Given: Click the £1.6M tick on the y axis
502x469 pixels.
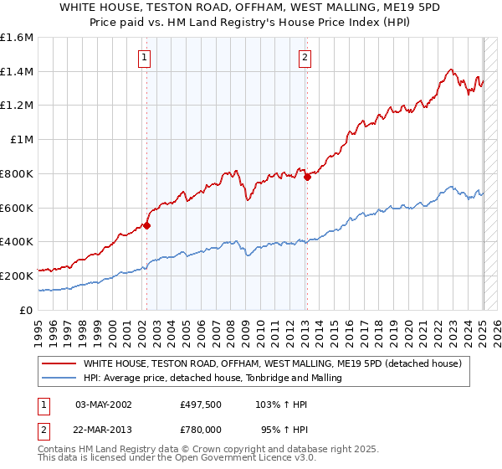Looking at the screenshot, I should pos(17,38).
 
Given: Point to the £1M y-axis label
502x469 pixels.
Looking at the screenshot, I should pos(21,140).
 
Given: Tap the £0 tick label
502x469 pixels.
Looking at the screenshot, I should pos(27,310).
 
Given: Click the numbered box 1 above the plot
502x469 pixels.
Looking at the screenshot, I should pos(146,58).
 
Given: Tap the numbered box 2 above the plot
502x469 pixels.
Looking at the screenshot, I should pos(304,58).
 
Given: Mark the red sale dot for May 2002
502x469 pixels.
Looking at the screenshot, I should pos(146,225).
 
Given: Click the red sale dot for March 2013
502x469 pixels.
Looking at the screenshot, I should pos(307,177).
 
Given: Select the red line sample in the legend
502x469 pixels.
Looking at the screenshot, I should pos(59,363).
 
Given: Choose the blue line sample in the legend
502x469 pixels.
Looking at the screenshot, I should pos(59,378).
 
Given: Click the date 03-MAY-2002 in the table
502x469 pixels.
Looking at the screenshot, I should pos(104,404).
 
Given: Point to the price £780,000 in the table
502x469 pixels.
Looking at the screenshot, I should pos(202,429).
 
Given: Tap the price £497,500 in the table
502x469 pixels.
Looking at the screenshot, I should pos(202,404).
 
